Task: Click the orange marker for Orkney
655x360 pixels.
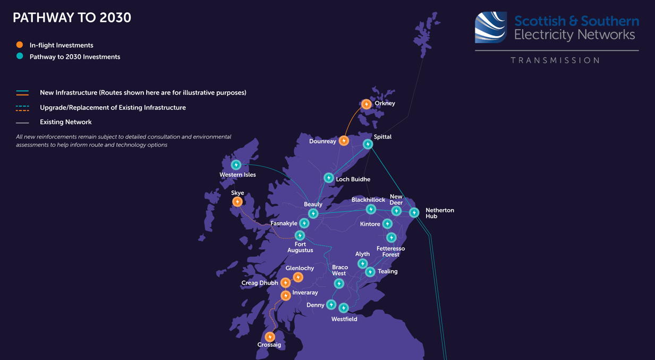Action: tap(366, 104)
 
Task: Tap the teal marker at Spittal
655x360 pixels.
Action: tap(368, 144)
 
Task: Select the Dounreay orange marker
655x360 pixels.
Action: tap(344, 141)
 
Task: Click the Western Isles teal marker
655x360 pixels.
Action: tap(236, 165)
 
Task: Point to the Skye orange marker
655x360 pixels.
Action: tap(237, 202)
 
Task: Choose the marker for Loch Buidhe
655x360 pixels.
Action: tap(328, 178)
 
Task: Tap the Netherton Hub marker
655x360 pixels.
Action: tap(414, 212)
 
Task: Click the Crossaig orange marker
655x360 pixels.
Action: tap(270, 337)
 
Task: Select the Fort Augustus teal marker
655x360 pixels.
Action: tap(300, 235)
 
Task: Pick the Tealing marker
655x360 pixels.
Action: tap(370, 272)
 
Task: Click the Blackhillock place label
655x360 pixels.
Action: tap(368, 200)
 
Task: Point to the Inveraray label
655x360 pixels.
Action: tap(305, 293)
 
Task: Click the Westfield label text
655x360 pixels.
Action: tap(344, 319)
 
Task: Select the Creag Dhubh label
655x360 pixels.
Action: tap(260, 283)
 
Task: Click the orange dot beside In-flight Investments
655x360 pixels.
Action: tap(20, 45)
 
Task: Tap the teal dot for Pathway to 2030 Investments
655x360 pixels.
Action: tap(20, 56)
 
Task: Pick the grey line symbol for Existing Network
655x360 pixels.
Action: tap(22, 122)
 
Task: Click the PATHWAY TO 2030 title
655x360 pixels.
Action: tap(72, 18)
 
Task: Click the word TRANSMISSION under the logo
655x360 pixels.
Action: tap(556, 61)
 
